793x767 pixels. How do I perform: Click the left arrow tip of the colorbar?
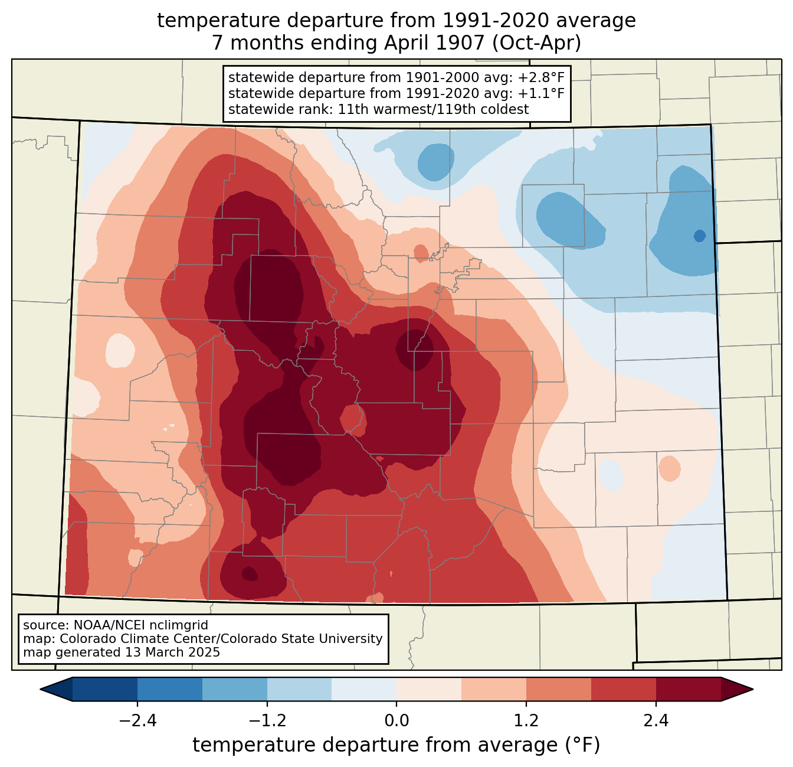[40, 690]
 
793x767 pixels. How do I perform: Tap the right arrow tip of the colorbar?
[753, 690]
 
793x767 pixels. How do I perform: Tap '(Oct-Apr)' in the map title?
[537, 43]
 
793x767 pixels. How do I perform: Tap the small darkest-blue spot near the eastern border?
[699, 236]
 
